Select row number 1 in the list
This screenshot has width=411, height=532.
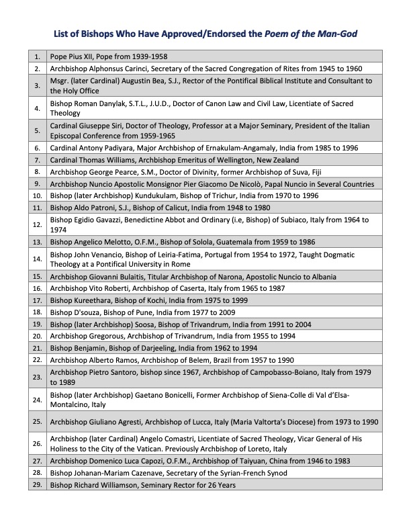coord(36,57)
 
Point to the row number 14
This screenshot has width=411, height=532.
coord(36,259)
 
